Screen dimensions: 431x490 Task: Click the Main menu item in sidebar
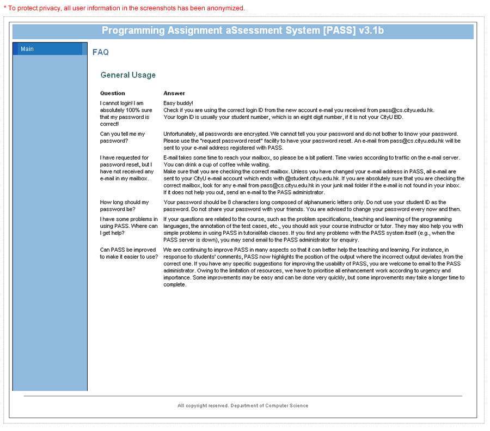click(x=27, y=49)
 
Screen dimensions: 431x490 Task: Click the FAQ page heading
click(x=101, y=52)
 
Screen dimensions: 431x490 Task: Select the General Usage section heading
click(x=128, y=75)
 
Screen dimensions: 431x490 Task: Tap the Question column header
click(x=113, y=93)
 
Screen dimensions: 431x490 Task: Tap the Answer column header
click(x=174, y=93)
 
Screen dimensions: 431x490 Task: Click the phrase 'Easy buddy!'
click(x=179, y=103)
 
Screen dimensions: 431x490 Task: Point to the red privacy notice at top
click(x=124, y=8)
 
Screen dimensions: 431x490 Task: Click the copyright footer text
click(x=243, y=405)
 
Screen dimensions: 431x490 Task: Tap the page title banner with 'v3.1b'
click(x=243, y=31)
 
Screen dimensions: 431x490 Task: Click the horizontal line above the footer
click(x=243, y=396)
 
